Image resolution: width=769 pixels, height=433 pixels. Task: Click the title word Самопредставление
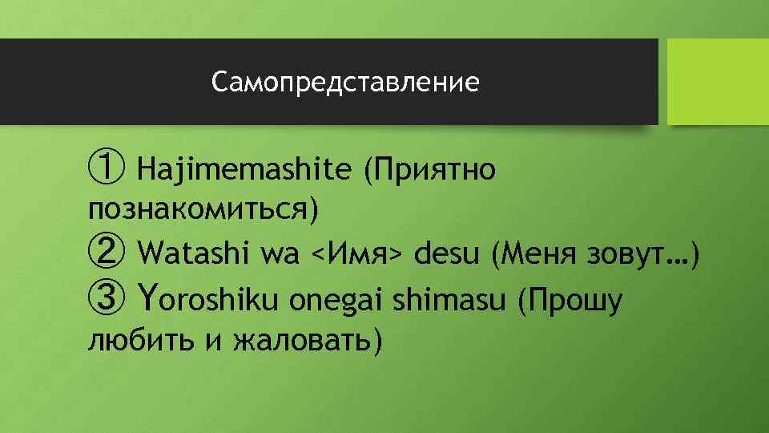tap(346, 82)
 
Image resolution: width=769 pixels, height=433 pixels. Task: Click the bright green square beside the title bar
tap(718, 82)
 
